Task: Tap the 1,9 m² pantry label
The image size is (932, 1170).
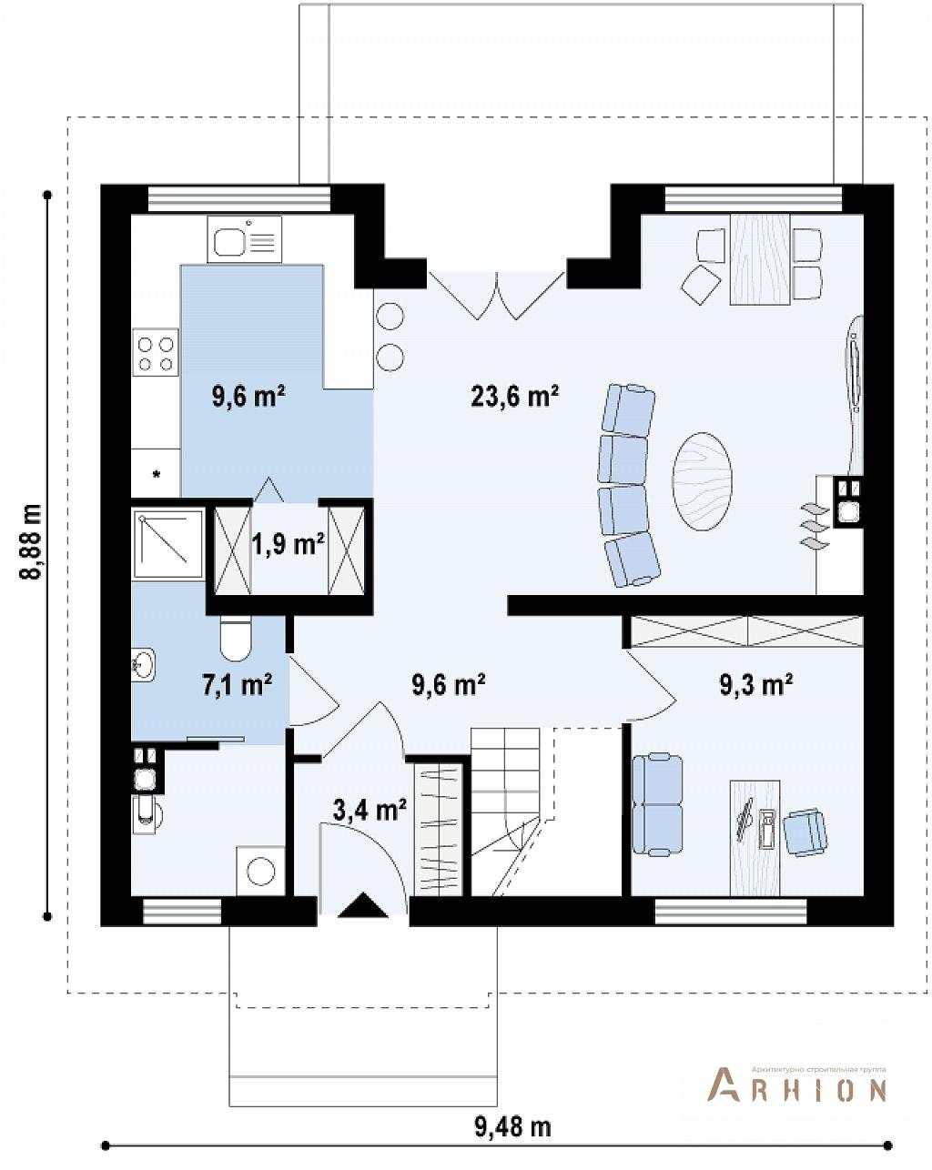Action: point(288,544)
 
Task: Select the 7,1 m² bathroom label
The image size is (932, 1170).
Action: point(238,684)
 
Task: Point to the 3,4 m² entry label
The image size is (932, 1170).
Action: point(370,810)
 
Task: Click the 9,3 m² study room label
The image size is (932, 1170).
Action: point(755,684)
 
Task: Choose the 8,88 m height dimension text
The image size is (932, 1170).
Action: point(31,542)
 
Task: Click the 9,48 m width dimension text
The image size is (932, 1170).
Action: point(513,1126)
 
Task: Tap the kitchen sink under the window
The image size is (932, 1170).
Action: point(244,239)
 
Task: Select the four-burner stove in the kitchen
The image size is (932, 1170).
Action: point(156,351)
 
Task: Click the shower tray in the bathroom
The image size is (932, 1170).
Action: point(167,543)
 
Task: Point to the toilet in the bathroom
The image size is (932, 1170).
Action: point(236,639)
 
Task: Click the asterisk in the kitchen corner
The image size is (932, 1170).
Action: point(157,474)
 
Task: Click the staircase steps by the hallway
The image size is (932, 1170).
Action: point(506,810)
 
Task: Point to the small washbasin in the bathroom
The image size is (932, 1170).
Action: point(143,664)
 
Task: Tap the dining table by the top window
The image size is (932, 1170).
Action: point(760,259)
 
